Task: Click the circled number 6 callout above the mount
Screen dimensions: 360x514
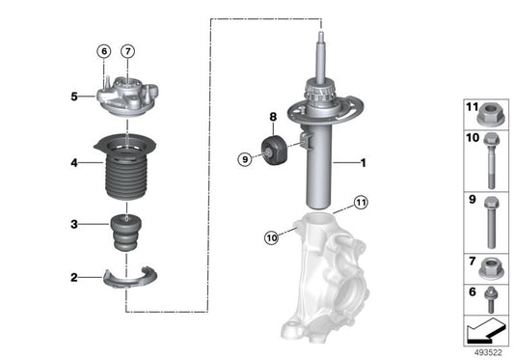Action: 102,51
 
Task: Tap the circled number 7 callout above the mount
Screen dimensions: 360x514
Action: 129,51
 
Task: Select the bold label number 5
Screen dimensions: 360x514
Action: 73,96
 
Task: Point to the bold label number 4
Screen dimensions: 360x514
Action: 73,162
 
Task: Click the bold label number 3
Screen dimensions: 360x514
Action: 73,225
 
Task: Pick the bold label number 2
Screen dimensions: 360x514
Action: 73,278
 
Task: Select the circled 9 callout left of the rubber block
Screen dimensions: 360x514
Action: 245,158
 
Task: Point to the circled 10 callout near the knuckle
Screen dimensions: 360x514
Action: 272,235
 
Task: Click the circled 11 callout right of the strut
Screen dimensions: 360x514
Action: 360,203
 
